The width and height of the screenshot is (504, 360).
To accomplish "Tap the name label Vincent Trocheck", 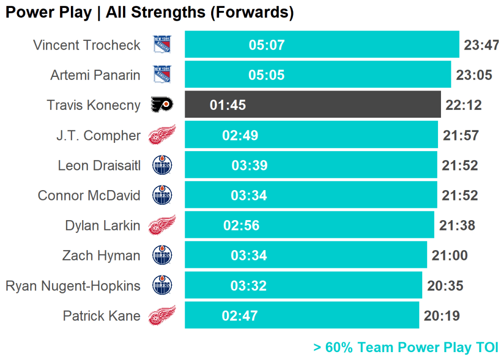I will click(87, 45).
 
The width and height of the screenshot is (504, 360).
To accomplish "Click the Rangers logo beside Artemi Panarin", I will click(162, 75).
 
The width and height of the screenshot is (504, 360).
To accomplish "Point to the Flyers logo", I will click(162, 105).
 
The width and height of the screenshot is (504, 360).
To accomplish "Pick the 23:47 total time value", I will click(481, 45).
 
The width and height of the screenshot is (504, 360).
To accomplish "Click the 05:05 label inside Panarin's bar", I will click(266, 75).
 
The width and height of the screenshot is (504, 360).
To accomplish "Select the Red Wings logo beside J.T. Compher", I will click(162, 135).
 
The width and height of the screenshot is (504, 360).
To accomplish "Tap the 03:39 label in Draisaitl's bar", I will click(250, 165).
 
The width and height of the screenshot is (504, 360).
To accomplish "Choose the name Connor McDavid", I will click(89, 196).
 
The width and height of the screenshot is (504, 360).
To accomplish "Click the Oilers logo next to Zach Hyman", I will click(162, 256).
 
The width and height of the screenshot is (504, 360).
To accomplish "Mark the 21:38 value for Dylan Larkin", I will click(457, 226).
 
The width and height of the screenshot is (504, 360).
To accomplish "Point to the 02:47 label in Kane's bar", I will click(240, 316).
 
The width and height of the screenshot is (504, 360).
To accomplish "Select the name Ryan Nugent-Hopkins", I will click(73, 286).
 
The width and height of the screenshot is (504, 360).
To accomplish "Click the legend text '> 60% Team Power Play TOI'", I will click(406, 347).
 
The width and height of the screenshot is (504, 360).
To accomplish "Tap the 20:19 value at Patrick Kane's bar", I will click(441, 316).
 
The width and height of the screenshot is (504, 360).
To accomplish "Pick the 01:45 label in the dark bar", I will click(227, 105).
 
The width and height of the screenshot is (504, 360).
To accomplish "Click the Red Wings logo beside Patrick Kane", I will click(162, 316).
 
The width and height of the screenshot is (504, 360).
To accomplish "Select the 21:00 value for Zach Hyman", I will click(449, 256).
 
